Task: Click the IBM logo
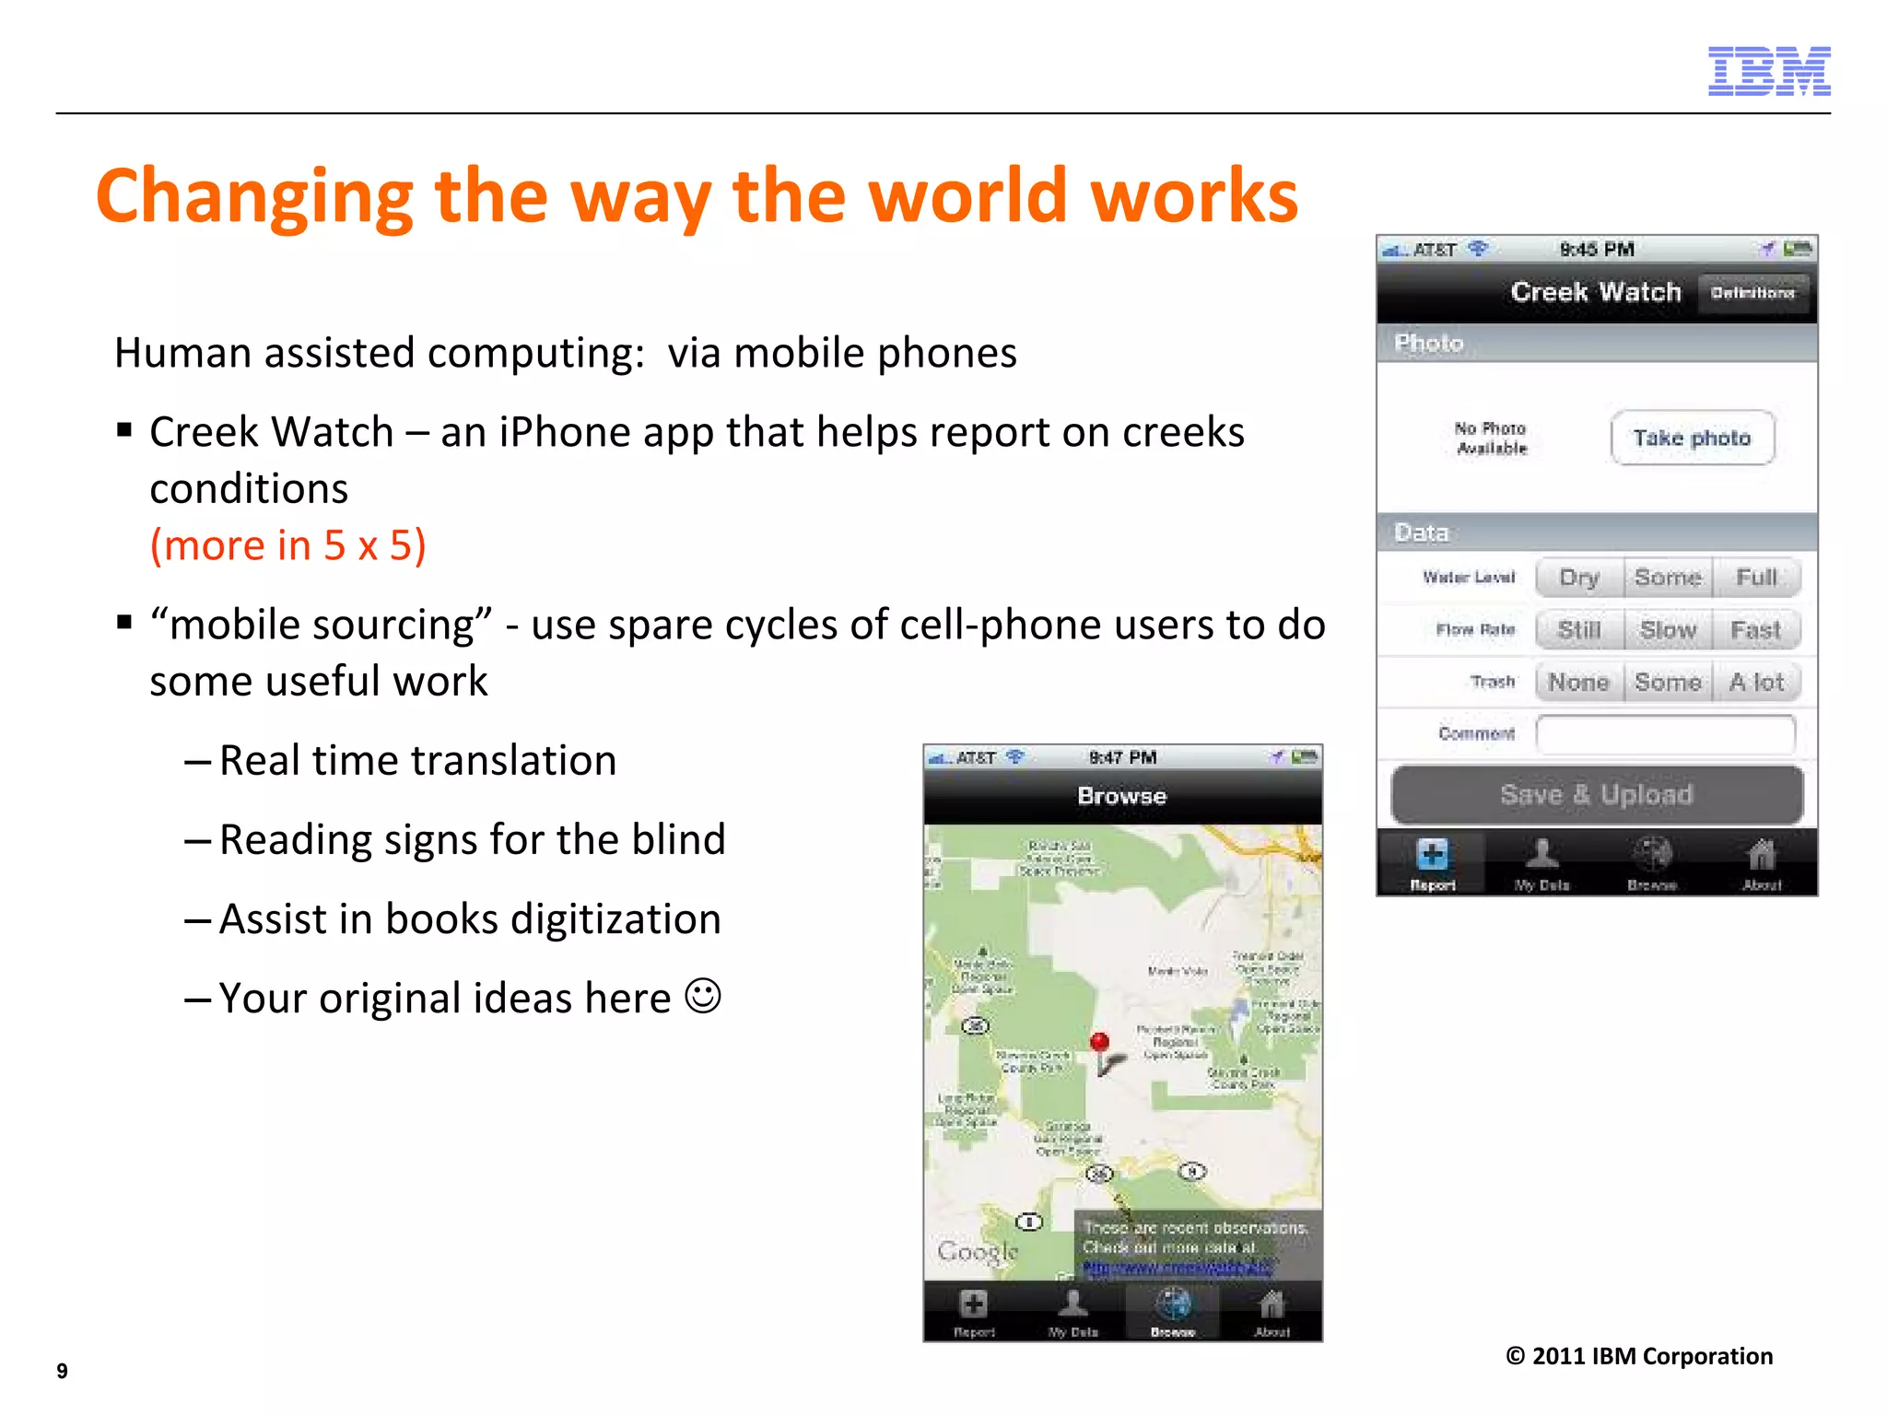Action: coord(1768,71)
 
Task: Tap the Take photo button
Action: coord(1692,438)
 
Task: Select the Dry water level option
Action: coord(1579,578)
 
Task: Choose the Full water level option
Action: coord(1756,578)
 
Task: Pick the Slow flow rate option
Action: coord(1668,630)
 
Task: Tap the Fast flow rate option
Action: coord(1756,630)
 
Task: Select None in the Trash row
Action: coord(1579,683)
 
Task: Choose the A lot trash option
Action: coord(1756,683)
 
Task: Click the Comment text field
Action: coord(1666,734)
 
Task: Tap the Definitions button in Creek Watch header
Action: coord(1752,293)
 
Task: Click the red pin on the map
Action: coord(1099,1043)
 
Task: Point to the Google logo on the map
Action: coord(978,1251)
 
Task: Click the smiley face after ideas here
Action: coord(703,997)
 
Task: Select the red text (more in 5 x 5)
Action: coord(288,545)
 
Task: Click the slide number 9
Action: coord(62,1371)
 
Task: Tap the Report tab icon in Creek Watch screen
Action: coord(1432,857)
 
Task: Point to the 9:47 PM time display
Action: coord(1122,757)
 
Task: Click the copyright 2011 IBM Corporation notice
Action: coord(1638,1356)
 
